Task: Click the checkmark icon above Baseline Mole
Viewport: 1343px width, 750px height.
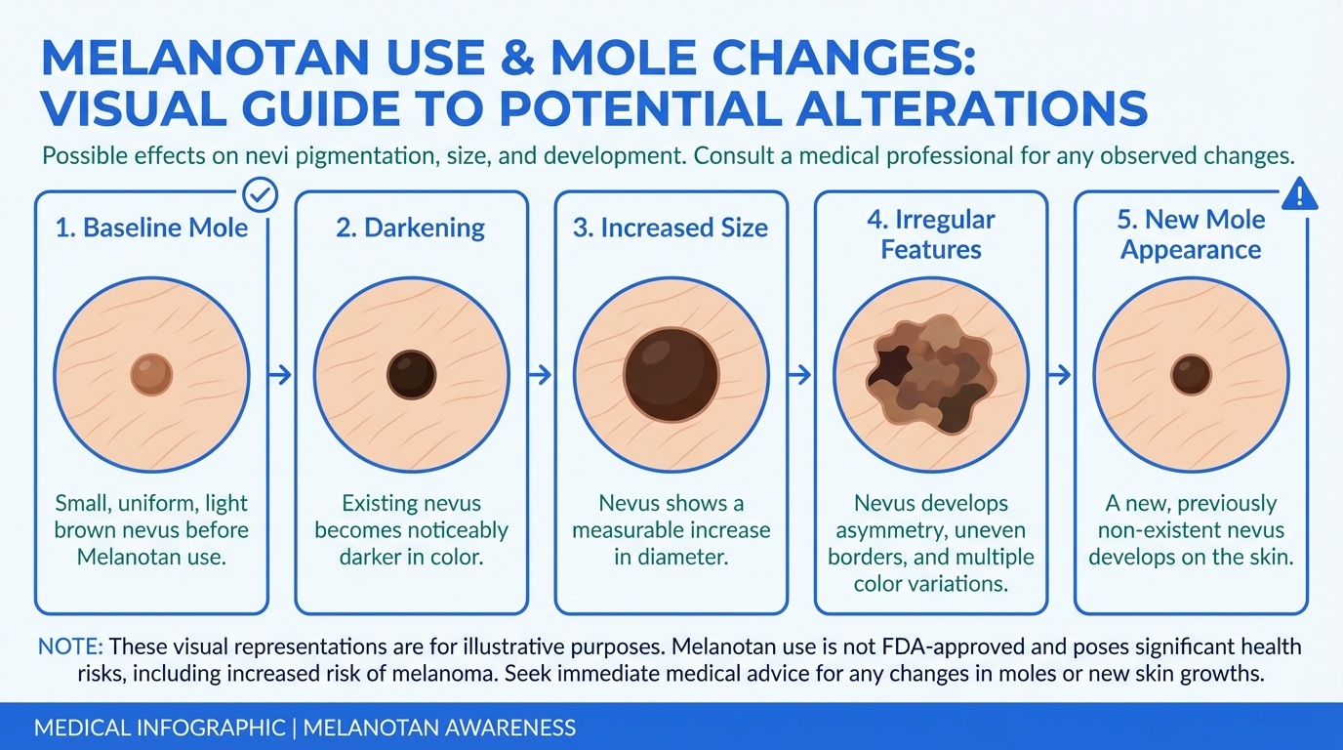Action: [261, 194]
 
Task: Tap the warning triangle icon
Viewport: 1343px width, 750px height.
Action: [1299, 194]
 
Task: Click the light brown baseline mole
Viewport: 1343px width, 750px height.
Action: [151, 375]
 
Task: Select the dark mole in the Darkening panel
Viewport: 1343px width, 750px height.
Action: [411, 375]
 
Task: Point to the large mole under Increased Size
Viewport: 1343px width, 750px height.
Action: [671, 375]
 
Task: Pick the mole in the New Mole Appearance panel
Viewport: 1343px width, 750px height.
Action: [1191, 375]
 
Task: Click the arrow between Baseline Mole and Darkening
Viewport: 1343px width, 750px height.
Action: [280, 375]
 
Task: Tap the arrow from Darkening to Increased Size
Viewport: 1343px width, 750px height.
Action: [540, 375]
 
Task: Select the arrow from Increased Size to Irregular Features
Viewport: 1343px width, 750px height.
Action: [799, 375]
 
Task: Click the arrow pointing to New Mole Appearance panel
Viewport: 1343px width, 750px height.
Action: [1059, 375]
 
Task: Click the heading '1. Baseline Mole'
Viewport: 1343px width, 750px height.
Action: [151, 228]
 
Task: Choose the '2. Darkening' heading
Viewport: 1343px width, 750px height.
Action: [411, 229]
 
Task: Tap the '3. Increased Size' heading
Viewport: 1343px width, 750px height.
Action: [671, 228]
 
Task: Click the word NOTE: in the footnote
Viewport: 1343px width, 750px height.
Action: [70, 646]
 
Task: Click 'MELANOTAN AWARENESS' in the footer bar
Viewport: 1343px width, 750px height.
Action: [439, 728]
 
